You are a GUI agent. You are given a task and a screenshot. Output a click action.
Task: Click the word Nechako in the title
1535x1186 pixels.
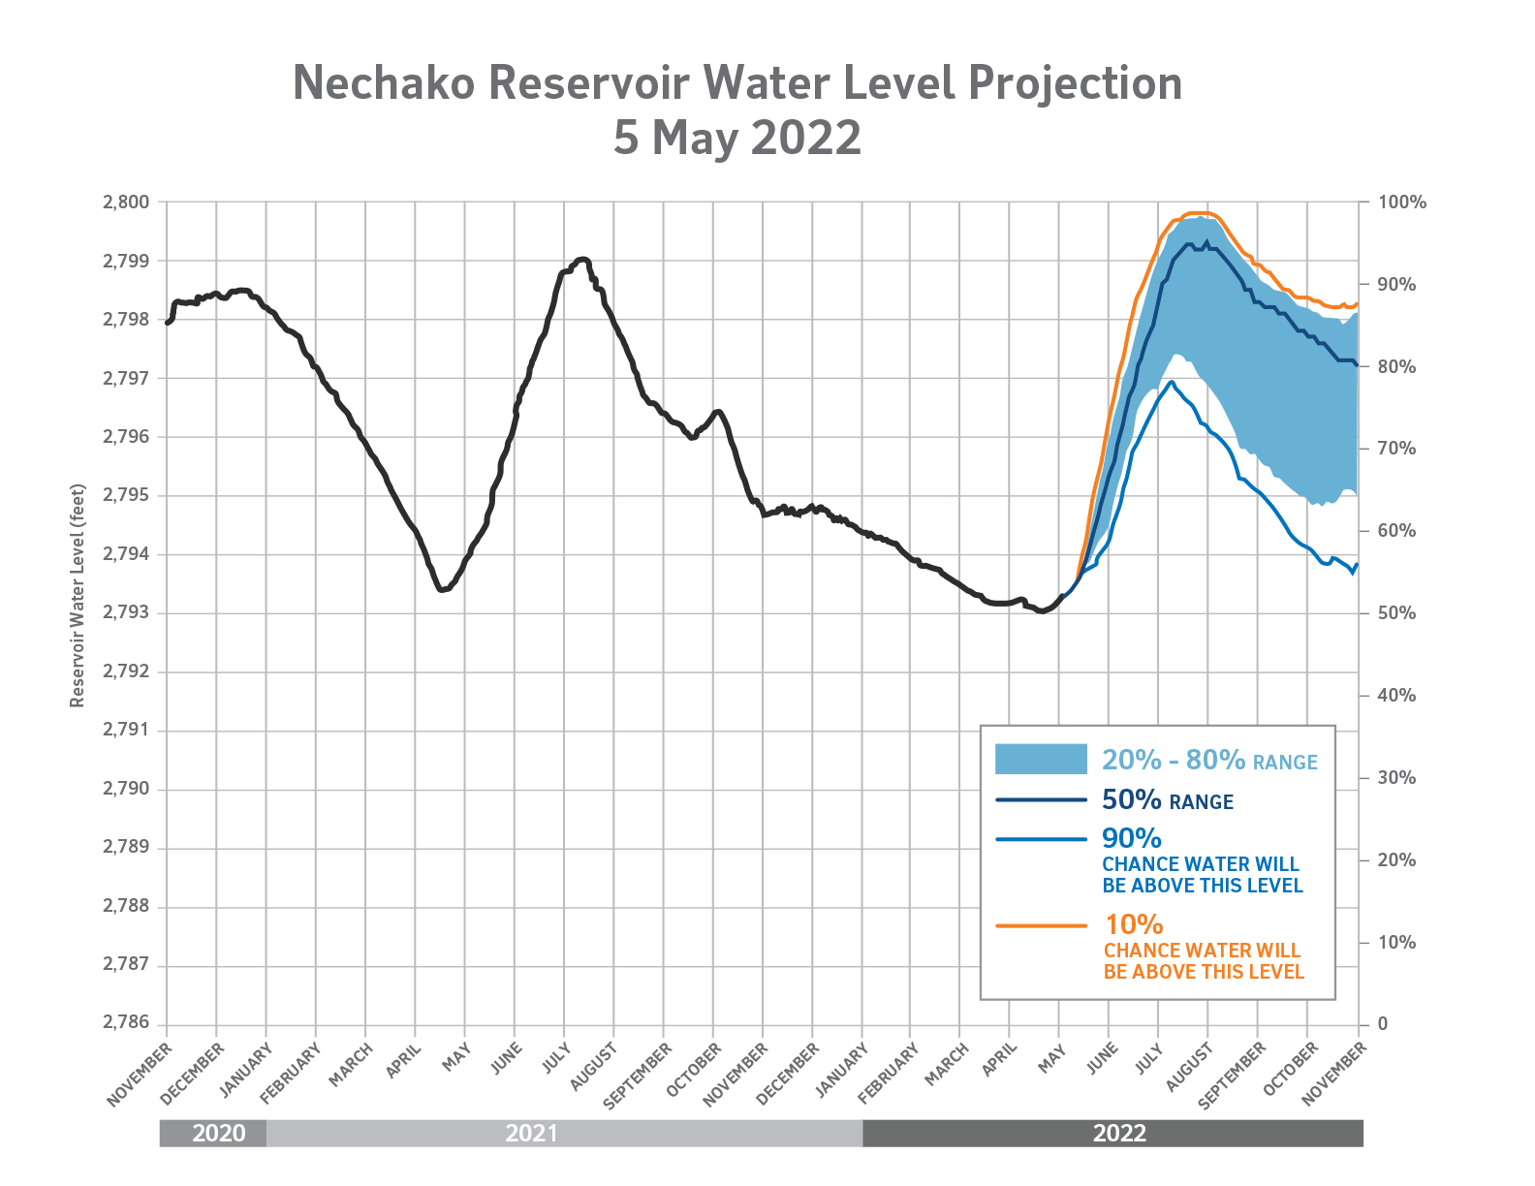(384, 83)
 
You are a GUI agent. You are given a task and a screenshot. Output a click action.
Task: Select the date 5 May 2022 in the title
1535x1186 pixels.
(736, 138)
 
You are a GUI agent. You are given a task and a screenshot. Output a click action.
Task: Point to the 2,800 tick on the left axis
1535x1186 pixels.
(126, 203)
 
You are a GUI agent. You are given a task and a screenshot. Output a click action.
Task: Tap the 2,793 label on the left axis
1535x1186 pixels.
(126, 613)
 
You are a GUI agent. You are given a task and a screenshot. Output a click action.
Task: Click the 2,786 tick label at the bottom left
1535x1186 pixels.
(126, 1024)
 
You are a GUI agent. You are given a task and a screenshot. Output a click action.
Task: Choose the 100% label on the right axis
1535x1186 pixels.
(1401, 203)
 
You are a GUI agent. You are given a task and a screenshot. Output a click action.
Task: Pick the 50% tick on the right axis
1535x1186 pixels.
(1396, 613)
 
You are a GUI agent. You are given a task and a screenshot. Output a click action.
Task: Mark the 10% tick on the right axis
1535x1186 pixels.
(1396, 942)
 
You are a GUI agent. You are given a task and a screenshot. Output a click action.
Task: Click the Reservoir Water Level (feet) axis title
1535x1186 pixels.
(78, 596)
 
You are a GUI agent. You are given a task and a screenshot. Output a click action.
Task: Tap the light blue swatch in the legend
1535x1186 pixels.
(1041, 760)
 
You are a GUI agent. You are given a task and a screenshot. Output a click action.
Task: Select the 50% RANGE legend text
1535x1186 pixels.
(1167, 800)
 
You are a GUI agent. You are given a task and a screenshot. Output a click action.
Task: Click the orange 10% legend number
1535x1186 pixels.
(1133, 925)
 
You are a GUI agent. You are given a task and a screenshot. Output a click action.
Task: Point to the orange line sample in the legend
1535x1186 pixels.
(1041, 925)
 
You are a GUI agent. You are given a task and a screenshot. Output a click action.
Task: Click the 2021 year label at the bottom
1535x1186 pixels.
(532, 1134)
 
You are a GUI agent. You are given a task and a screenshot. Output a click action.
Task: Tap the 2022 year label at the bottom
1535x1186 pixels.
(1119, 1134)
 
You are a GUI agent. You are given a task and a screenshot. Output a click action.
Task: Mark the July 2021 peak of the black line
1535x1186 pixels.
(581, 259)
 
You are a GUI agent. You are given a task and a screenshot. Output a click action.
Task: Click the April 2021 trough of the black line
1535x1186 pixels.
(442, 589)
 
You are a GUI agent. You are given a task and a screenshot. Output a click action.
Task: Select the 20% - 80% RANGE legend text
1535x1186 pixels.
(1209, 761)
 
